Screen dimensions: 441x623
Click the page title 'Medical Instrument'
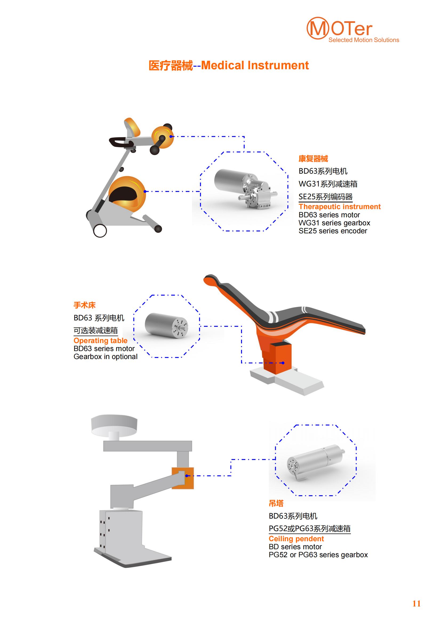pyautogui.click(x=255, y=66)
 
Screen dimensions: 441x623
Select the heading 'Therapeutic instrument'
pyautogui.click(x=339, y=206)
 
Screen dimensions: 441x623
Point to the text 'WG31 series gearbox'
pyautogui.click(x=334, y=223)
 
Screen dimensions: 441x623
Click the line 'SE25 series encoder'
pyautogui.click(x=333, y=231)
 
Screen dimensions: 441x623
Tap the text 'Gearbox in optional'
pyautogui.click(x=105, y=357)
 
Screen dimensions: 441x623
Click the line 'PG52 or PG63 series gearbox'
pyautogui.click(x=318, y=555)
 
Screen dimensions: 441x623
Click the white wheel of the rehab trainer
pyautogui.click(x=100, y=231)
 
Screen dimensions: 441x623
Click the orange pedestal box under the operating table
pyautogui.click(x=277, y=358)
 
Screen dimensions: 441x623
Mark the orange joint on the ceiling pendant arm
pyautogui.click(x=183, y=478)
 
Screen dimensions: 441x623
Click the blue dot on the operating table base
pyautogui.click(x=283, y=363)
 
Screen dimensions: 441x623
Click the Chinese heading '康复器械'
pyautogui.click(x=313, y=158)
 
